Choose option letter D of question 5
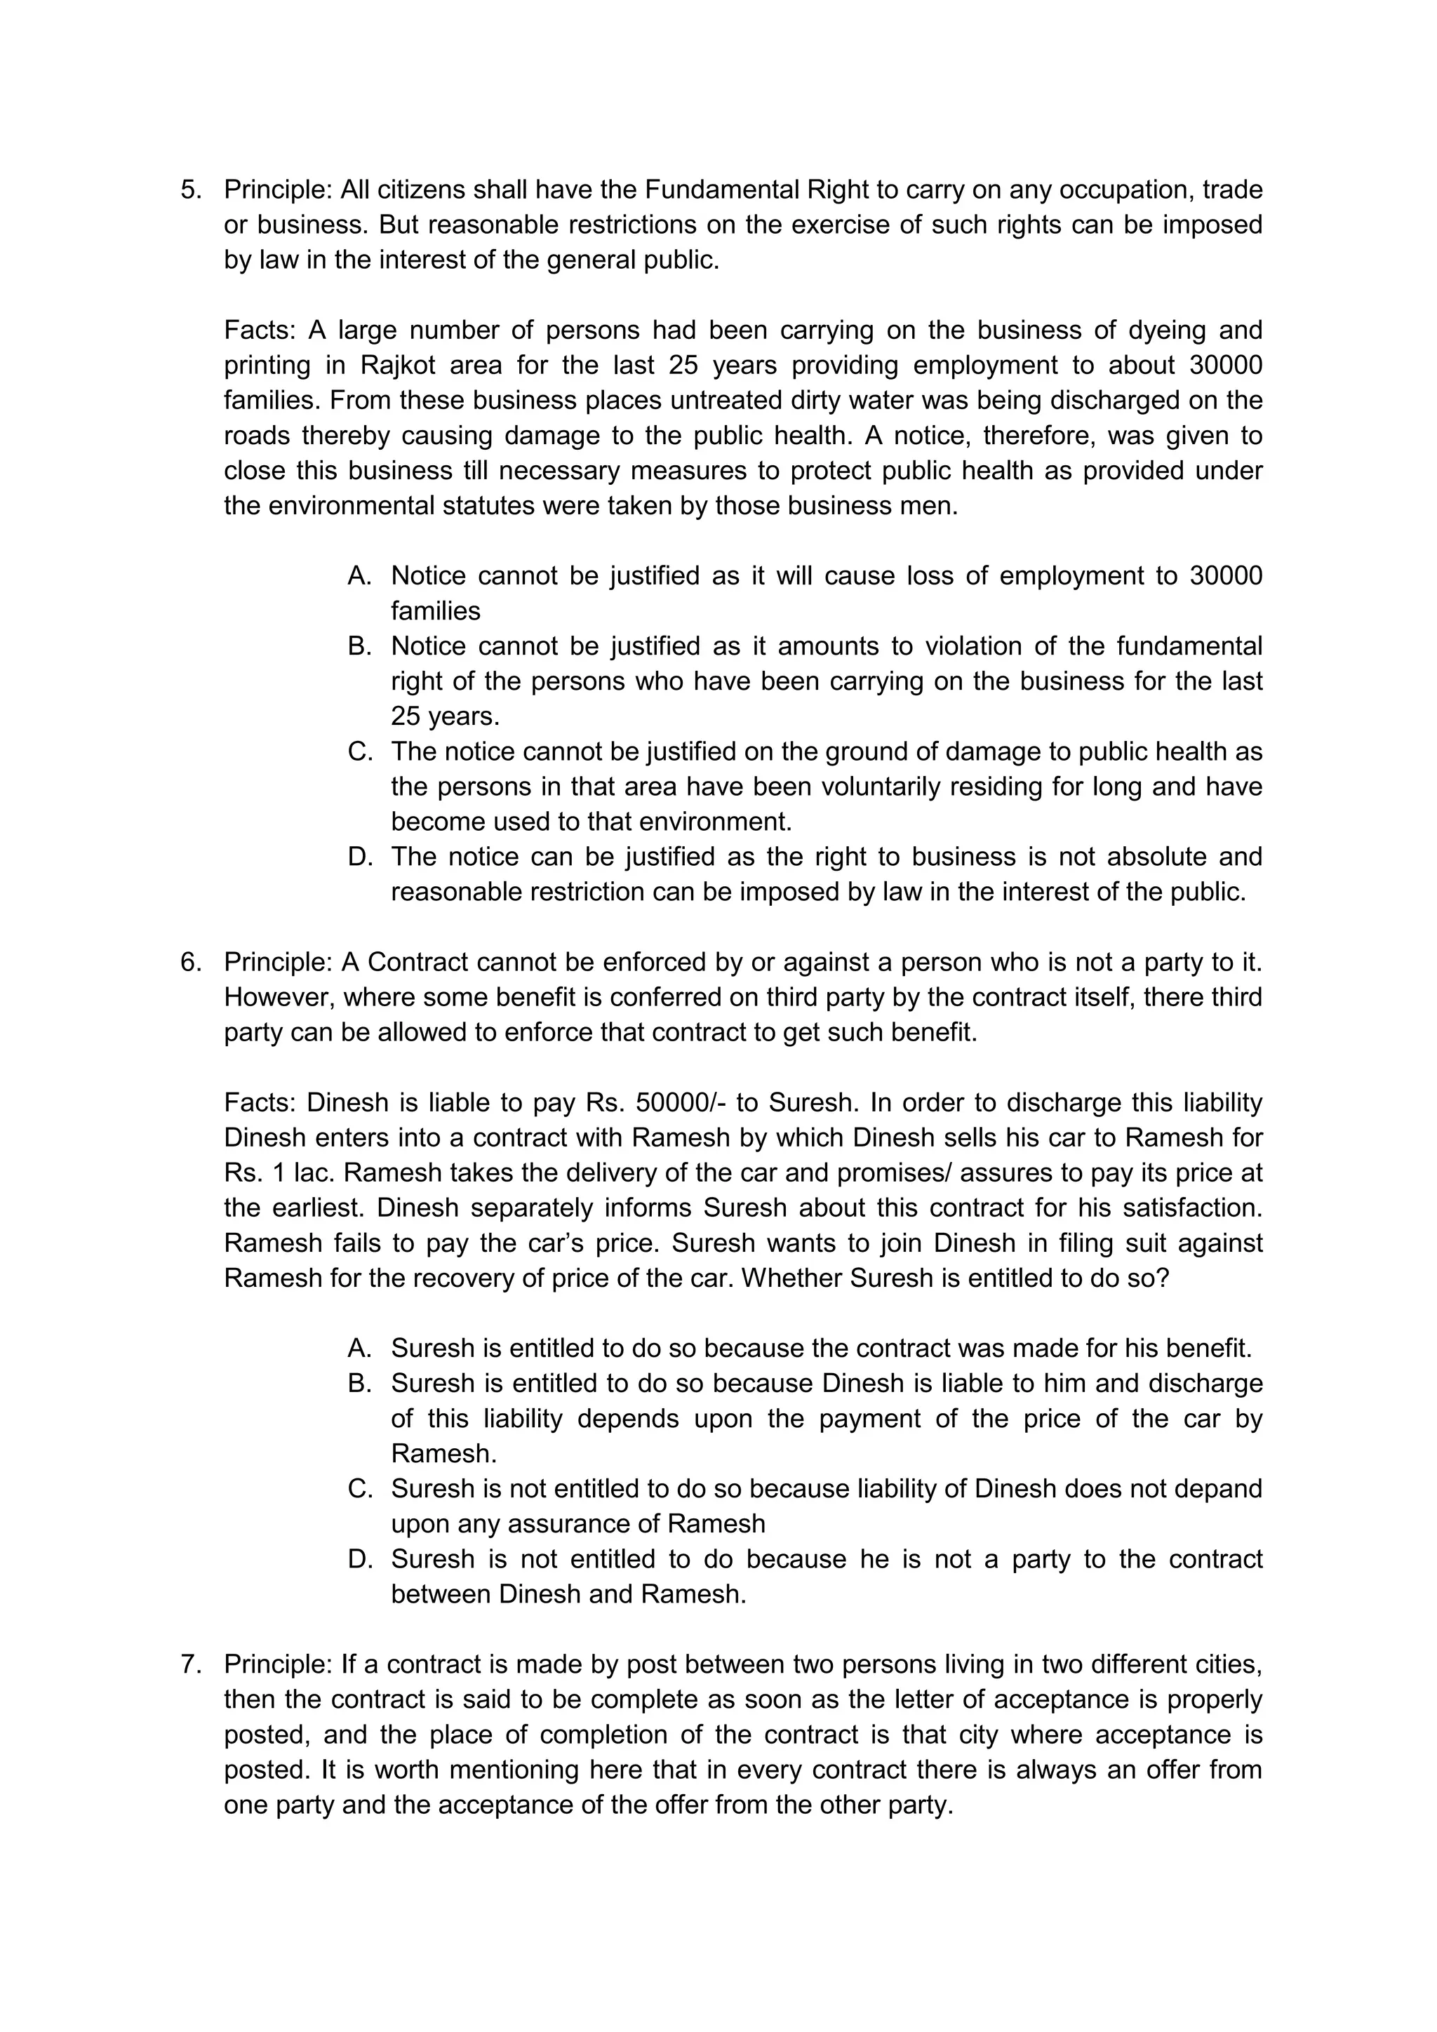[x=359, y=857]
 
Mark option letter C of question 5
[x=359, y=751]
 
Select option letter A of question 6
[x=359, y=1349]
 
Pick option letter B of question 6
[x=359, y=1383]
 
